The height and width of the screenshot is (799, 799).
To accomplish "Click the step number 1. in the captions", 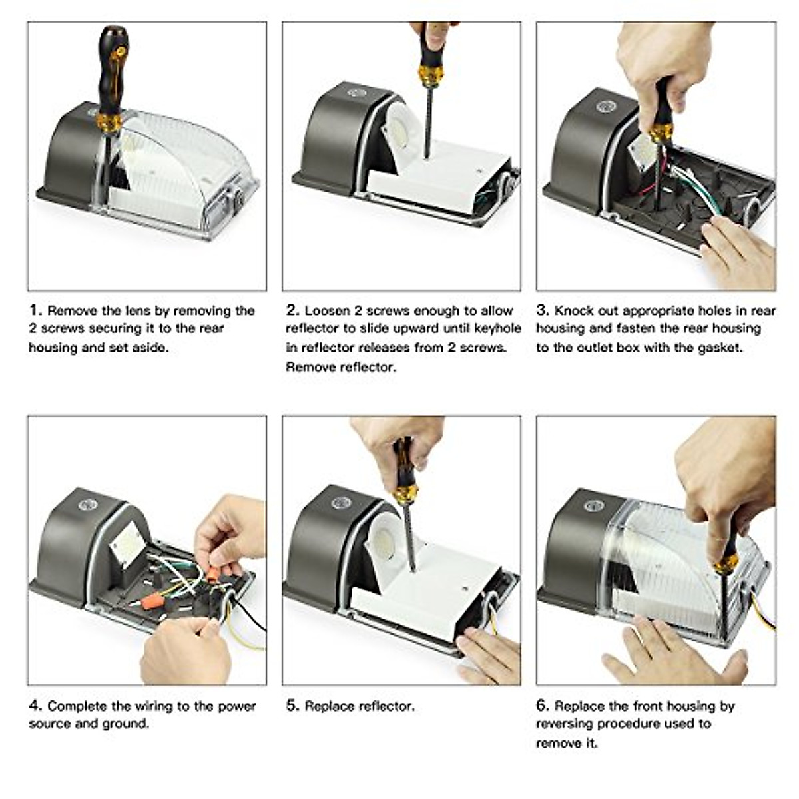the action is (x=36, y=310).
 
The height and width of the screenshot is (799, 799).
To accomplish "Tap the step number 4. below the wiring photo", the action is (x=36, y=706).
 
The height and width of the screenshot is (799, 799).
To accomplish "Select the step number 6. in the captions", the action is (x=543, y=706).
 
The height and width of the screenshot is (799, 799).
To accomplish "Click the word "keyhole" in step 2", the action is (x=497, y=328).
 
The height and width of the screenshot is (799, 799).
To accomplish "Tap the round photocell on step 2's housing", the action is (x=356, y=93).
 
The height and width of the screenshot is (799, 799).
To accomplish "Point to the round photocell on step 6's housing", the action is (x=594, y=505).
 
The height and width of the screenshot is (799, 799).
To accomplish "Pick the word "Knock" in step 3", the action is (x=574, y=310).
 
